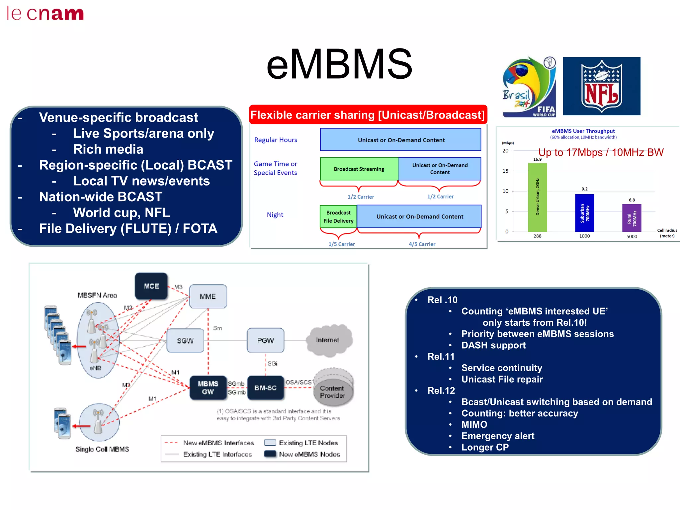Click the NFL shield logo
coord(601,86)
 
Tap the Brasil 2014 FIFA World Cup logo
coord(529,87)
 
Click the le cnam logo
coord(45,14)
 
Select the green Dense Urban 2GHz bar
coord(537,198)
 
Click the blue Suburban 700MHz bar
coord(584,213)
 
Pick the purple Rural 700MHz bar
coord(632,218)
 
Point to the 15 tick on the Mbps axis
coord(505,171)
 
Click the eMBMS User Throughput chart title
coord(583,131)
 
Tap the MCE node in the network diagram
coord(151,286)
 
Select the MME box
coord(208,296)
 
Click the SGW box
coord(185,341)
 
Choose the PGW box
coord(265,340)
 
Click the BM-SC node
coord(265,388)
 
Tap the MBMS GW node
coord(208,387)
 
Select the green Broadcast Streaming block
coord(359,169)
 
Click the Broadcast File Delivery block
coord(338,216)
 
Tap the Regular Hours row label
coord(276,140)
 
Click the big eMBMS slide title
coord(339,64)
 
